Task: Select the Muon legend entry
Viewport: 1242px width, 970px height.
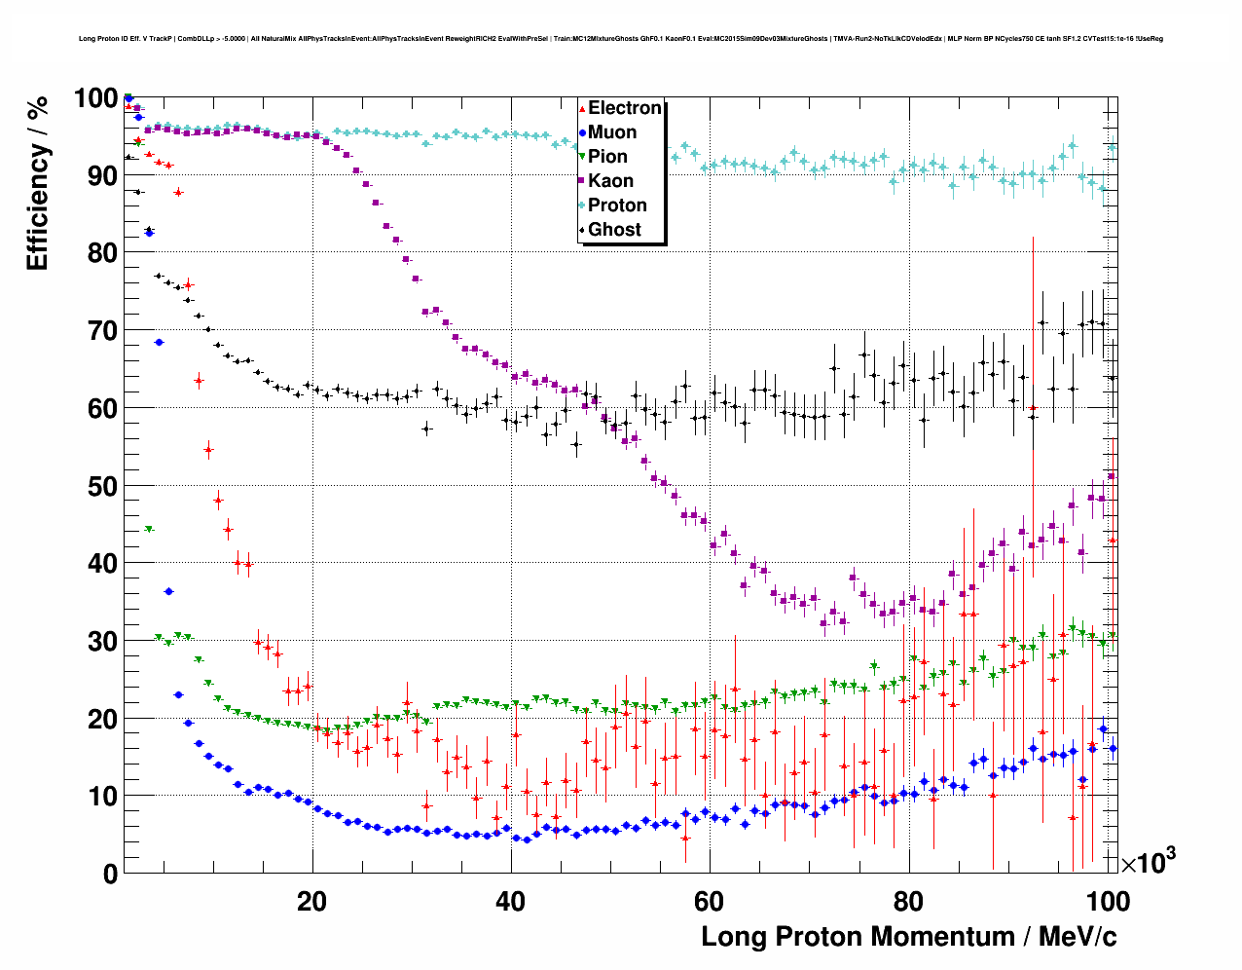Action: point(611,132)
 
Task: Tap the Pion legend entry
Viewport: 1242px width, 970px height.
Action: point(607,157)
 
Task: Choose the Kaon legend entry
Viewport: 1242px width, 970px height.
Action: point(609,181)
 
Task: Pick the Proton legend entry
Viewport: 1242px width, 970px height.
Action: point(616,205)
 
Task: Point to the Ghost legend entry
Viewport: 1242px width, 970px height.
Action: point(614,230)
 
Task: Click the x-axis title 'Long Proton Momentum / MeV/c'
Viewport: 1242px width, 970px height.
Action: point(909,937)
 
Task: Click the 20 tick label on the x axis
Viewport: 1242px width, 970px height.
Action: point(312,902)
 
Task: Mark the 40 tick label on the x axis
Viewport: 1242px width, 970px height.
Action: point(511,902)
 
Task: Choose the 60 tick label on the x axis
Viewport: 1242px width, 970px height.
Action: point(710,902)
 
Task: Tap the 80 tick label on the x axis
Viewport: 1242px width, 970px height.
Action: point(908,902)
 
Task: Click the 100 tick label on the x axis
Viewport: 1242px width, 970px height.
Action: point(1107,902)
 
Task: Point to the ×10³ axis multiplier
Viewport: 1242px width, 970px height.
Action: point(1148,862)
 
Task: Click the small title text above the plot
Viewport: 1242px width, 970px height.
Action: point(620,39)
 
